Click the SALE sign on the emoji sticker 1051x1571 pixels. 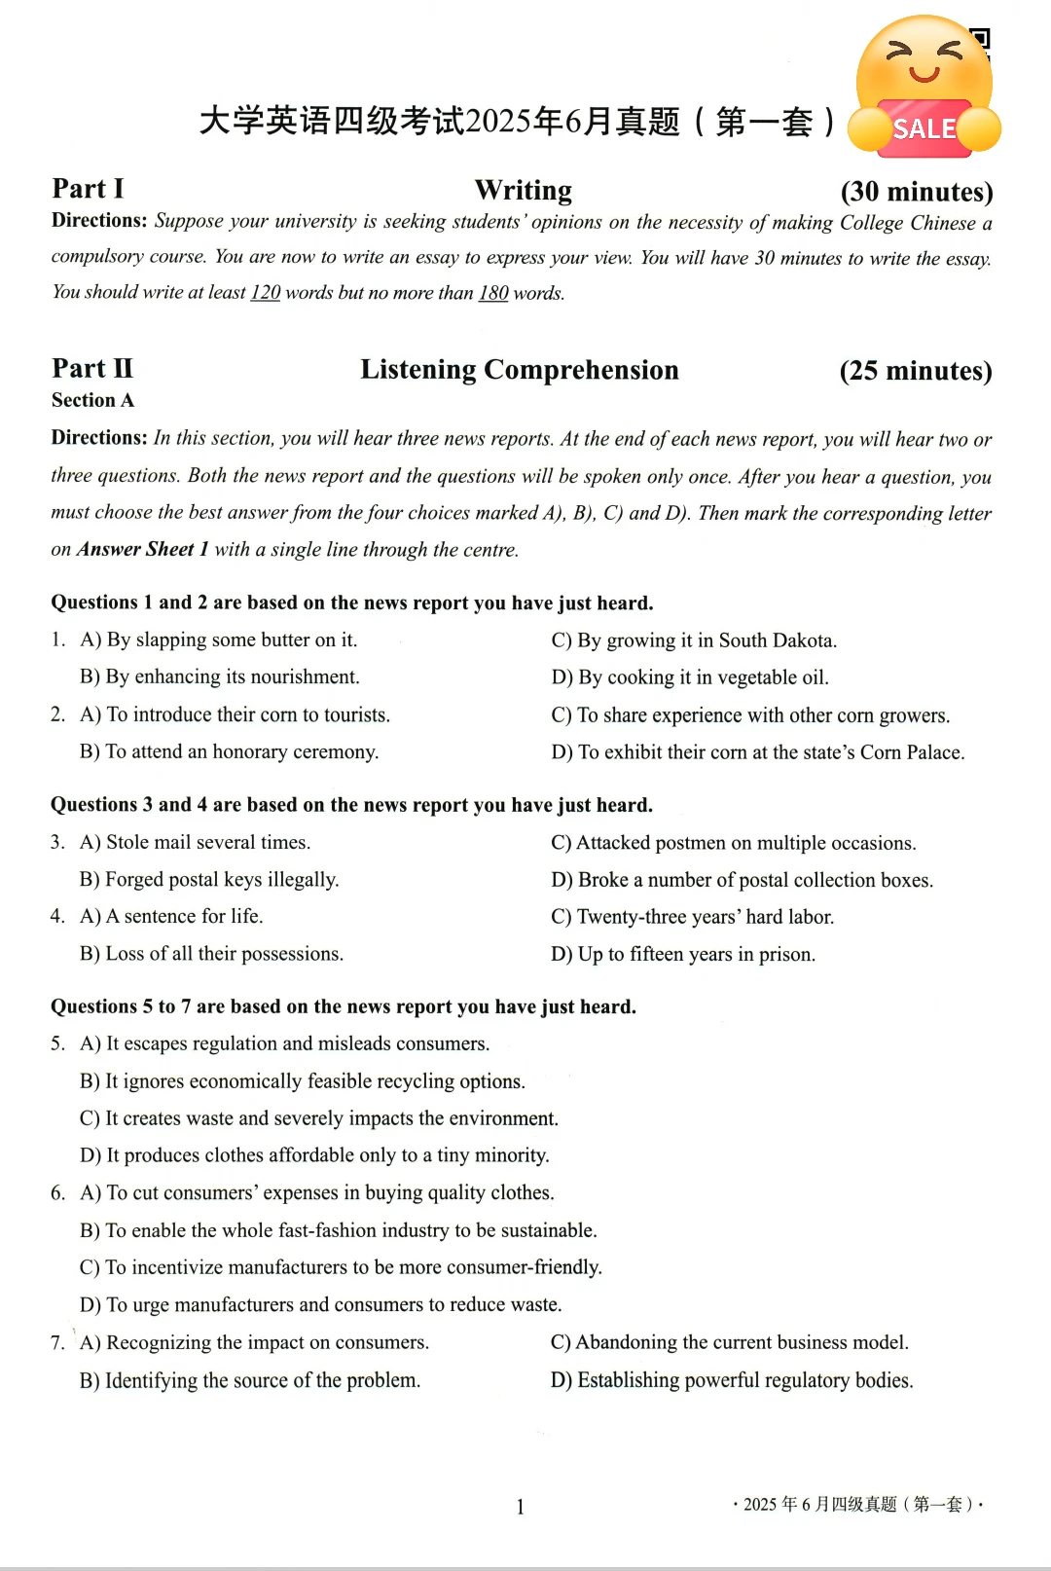924,128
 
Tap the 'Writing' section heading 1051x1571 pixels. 524,190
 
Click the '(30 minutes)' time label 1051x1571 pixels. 916,192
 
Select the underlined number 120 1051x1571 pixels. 265,293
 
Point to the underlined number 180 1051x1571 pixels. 493,293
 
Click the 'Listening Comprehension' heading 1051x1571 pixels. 520,370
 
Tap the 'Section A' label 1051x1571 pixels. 92,400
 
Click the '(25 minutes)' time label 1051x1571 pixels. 915,371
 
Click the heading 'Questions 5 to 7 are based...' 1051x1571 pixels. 344,1006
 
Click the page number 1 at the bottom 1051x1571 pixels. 521,1507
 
